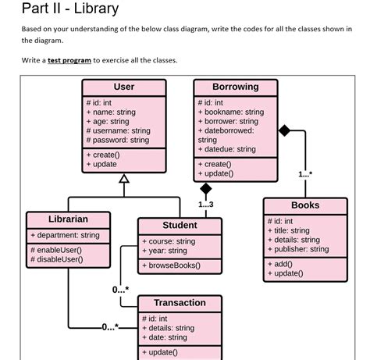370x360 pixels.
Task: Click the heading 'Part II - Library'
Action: [70, 9]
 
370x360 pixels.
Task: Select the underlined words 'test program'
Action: [69, 60]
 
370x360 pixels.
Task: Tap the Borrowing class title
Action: [235, 87]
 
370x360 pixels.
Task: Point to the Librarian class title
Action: [68, 219]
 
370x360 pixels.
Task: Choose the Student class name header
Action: [180, 226]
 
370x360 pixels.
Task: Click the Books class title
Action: [304, 205]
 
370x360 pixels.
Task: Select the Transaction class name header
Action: [180, 303]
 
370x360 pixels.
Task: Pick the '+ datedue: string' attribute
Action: [226, 149]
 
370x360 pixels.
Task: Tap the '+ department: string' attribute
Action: [65, 235]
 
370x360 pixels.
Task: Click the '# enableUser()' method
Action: [56, 250]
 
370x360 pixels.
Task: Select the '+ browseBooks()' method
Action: [171, 266]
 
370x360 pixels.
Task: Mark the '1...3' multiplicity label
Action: [205, 205]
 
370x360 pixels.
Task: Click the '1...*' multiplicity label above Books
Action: [304, 174]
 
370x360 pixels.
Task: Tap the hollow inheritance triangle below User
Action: [123, 180]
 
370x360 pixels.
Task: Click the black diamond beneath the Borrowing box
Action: [205, 188]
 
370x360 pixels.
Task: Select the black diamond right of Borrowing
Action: [284, 130]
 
